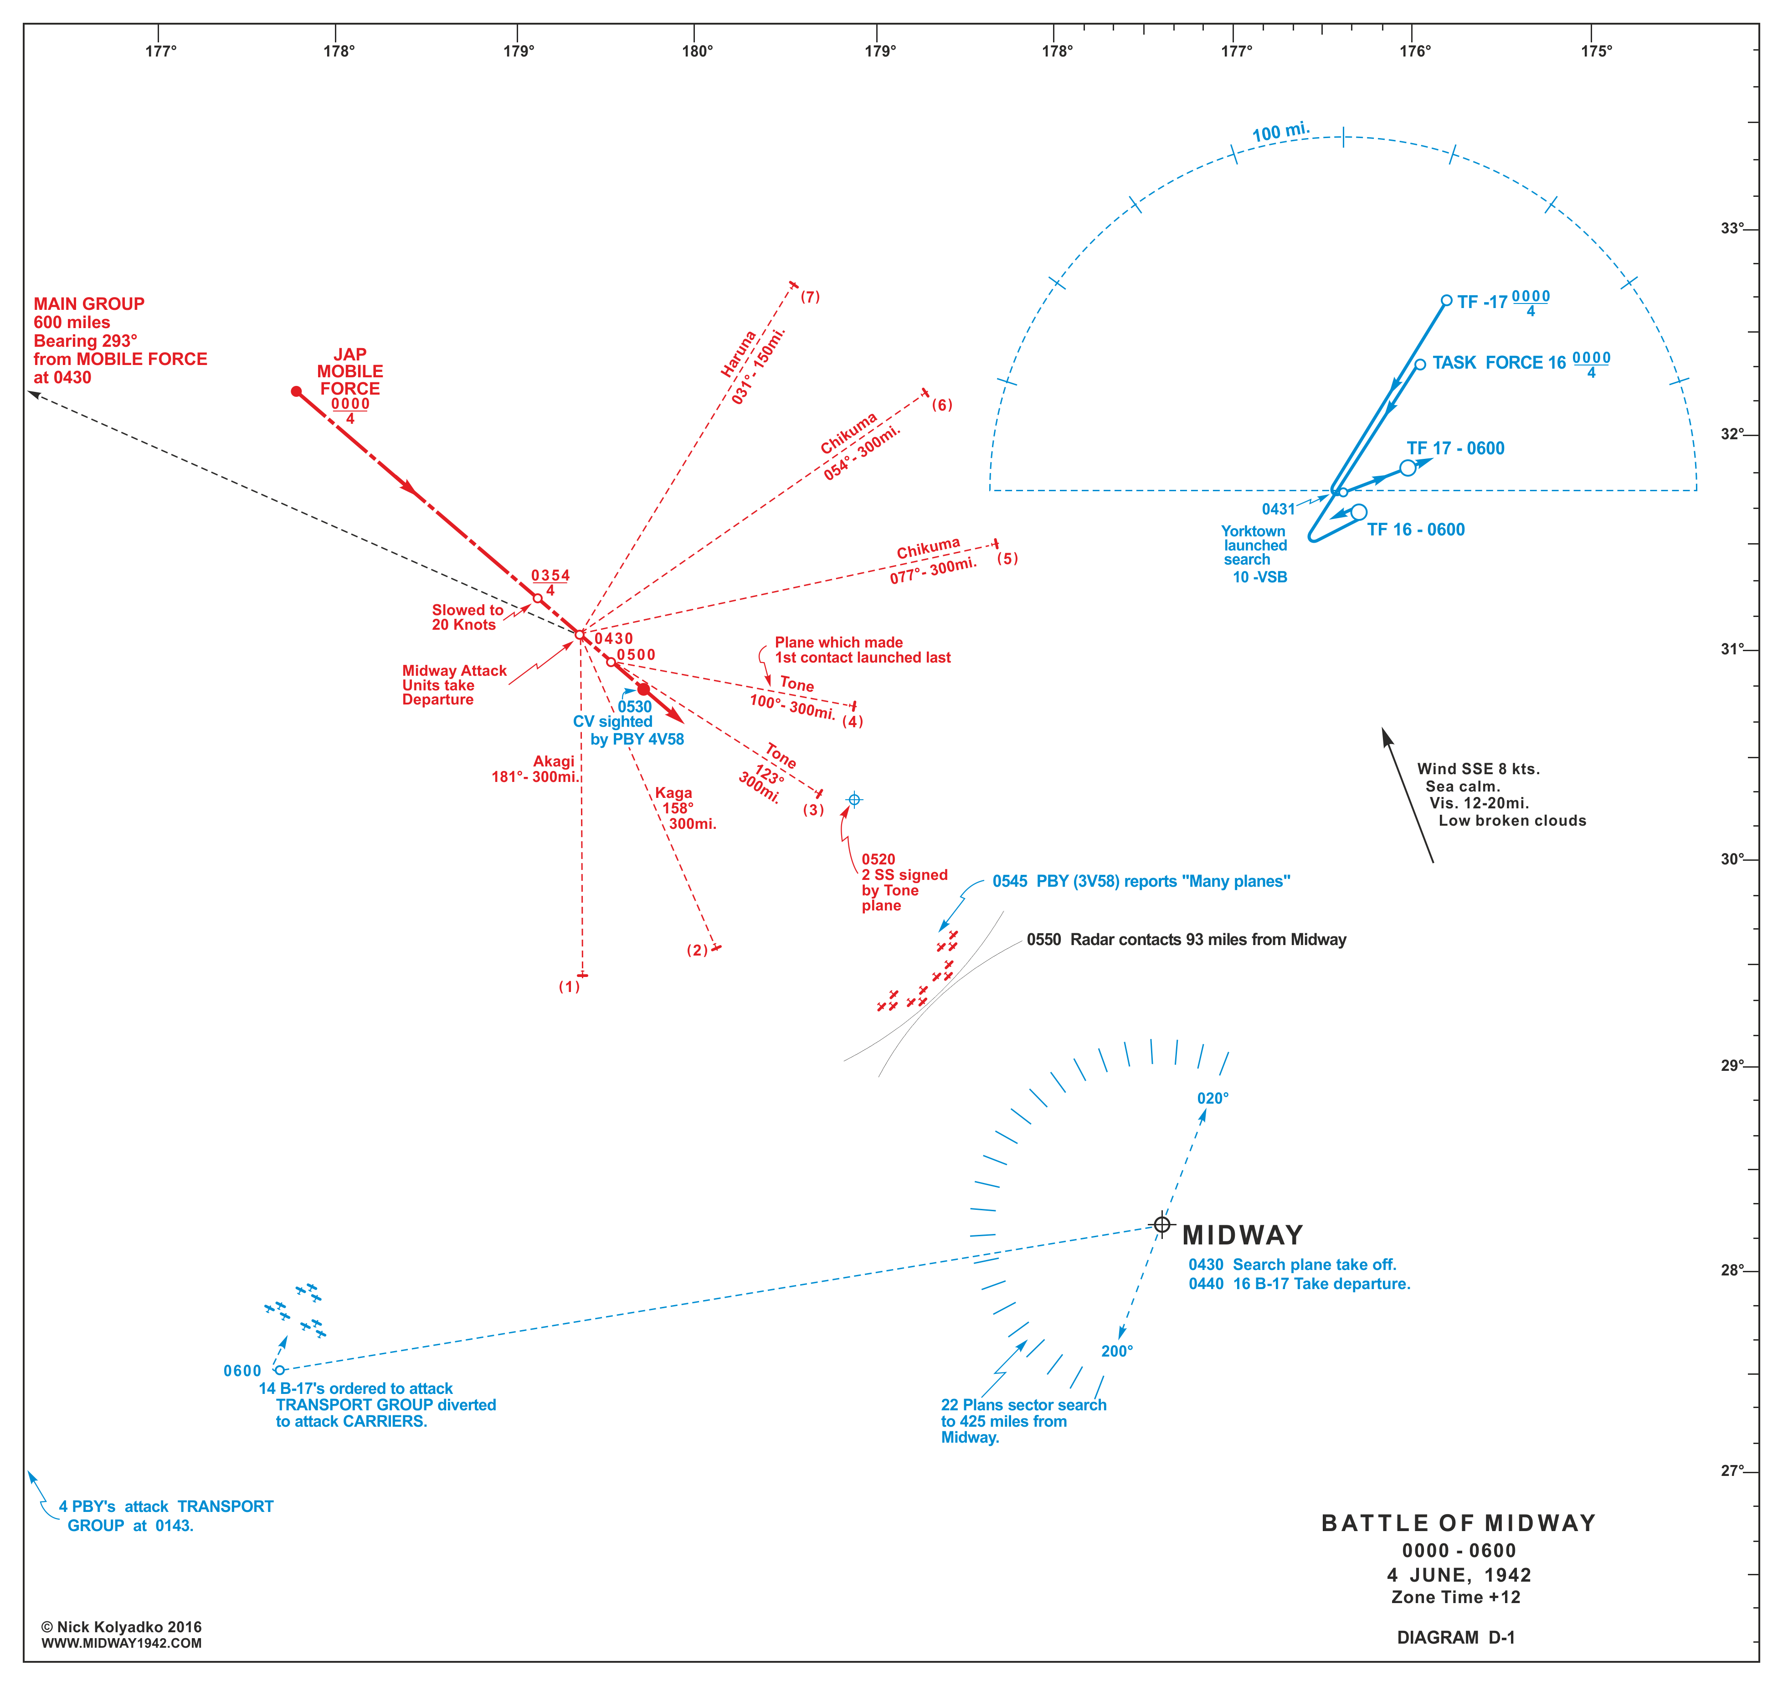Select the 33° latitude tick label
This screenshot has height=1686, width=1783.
(x=1732, y=228)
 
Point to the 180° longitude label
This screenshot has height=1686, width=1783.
(x=697, y=51)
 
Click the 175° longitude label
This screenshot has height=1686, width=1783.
(x=1596, y=51)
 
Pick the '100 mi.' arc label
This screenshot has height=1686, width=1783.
(x=1280, y=132)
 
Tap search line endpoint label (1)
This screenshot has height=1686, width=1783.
(x=570, y=987)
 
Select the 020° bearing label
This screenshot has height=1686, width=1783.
(x=1213, y=1098)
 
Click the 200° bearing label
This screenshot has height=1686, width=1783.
(x=1117, y=1352)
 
